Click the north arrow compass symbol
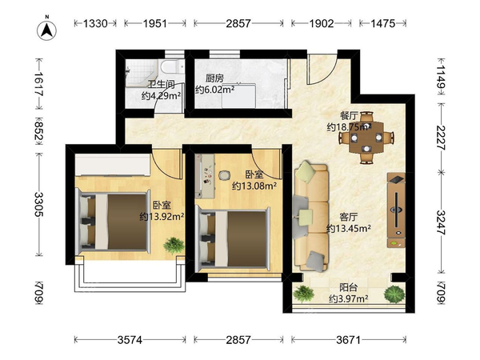pos(47,30)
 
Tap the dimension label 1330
pos(95,23)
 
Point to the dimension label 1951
pos(155,23)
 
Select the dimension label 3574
pos(130,340)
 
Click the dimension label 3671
pos(349,340)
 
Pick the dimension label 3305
pos(39,204)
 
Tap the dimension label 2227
pos(442,138)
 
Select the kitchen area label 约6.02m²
pos(215,90)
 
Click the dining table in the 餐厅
pos(366,138)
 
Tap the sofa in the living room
pos(310,217)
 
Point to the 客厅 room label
pos(349,217)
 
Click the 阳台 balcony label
pos(349,287)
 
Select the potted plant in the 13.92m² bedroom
pos(174,246)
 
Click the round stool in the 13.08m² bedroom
pos(225,175)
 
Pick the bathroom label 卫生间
pos(162,84)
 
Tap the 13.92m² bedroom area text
pos(162,217)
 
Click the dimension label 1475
pos(383,23)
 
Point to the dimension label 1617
pos(39,83)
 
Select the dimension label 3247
pos(442,222)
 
